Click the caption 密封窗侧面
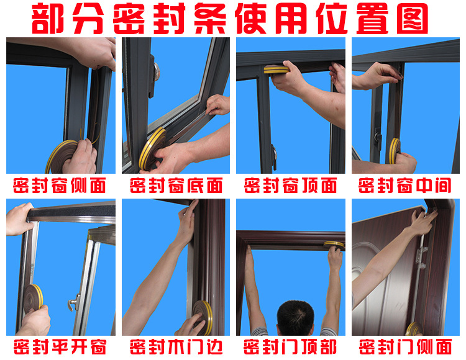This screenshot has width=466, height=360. point(60,186)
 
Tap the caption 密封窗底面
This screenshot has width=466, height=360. point(176,186)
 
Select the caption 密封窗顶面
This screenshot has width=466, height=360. point(290,186)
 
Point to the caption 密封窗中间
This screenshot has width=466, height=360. point(404,186)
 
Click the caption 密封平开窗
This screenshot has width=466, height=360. point(60,346)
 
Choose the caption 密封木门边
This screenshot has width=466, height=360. point(176,346)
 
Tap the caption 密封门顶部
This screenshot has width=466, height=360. point(290,346)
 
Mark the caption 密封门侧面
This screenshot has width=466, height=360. point(405,346)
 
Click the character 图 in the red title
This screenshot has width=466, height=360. point(413,19)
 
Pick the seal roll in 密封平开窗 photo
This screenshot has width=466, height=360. point(34,299)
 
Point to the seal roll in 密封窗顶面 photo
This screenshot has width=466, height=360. point(276,70)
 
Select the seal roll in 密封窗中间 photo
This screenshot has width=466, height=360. point(395,150)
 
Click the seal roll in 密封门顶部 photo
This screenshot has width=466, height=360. point(334,245)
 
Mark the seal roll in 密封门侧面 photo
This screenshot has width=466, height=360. point(414,328)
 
